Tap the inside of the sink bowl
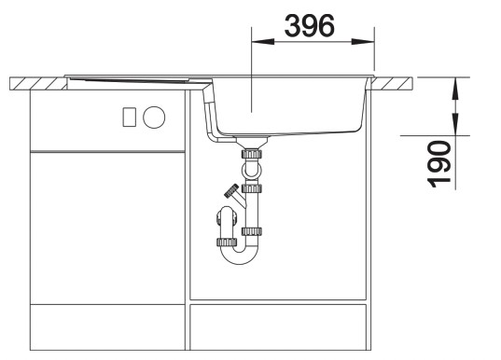click(x=289, y=103)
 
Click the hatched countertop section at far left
click(x=35, y=85)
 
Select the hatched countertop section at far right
click(x=396, y=85)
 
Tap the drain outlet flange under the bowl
click(x=251, y=140)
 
